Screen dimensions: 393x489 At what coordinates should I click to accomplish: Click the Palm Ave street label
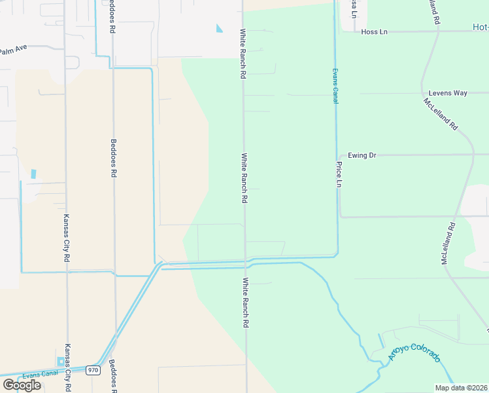13,50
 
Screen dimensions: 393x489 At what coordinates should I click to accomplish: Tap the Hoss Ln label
375,31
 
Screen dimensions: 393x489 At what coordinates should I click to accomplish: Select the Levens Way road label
448,93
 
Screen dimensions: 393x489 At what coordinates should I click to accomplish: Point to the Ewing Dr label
362,155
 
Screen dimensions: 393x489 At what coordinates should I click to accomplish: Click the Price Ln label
339,175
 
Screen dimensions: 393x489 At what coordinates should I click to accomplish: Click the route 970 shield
94,370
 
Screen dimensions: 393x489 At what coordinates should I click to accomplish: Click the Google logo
22,384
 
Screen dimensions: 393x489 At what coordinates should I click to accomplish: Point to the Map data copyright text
461,388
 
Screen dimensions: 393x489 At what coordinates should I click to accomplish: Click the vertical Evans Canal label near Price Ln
335,86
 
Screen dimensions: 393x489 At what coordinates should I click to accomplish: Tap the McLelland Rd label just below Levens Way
441,114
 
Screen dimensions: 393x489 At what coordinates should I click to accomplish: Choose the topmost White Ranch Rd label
243,54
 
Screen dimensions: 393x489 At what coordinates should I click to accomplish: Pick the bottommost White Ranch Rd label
246,303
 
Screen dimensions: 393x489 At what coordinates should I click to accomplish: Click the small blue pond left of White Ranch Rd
219,28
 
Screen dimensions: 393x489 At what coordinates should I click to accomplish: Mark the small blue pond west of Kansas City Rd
33,174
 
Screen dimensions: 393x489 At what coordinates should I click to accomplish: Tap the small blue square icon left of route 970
61,362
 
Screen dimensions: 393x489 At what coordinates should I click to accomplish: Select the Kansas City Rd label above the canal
66,239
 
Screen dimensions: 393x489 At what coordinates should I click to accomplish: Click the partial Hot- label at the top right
480,28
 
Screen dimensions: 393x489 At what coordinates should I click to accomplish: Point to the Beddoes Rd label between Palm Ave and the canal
113,159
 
